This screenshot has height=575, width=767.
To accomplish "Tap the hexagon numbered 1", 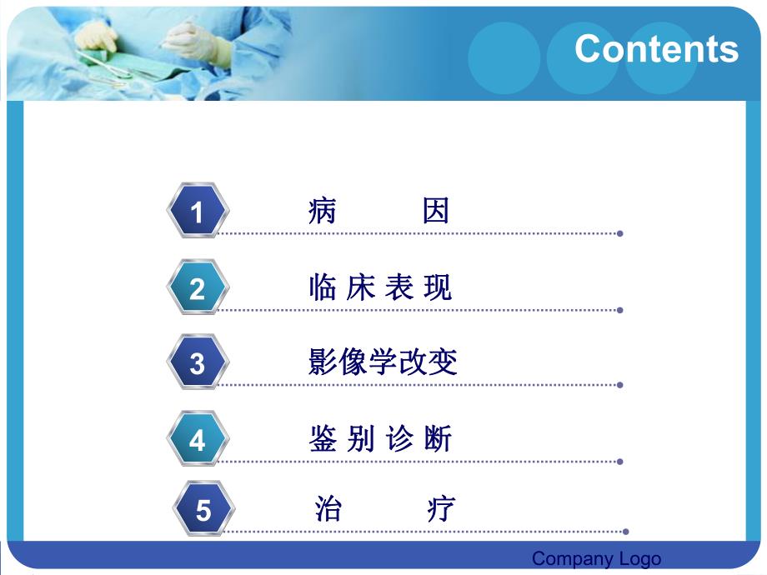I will tap(197, 212).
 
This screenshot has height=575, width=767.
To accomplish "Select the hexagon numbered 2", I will tap(197, 288).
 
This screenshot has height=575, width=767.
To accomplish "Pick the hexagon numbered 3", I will tap(197, 363).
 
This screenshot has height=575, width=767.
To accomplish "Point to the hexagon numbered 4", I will tap(197, 439).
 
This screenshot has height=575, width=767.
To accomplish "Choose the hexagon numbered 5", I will tap(203, 510).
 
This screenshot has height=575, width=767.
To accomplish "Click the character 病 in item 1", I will tap(322, 212).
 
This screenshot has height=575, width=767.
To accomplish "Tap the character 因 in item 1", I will tap(436, 212).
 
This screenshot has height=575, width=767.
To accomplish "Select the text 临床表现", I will tap(380, 288).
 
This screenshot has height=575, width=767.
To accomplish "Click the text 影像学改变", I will tap(383, 363).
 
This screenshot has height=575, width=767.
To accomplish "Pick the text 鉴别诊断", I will tap(380, 439).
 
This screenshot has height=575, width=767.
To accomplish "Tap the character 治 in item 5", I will tap(328, 508).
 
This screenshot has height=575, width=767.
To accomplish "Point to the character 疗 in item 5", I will tap(441, 508).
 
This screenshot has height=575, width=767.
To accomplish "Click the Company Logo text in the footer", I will tap(596, 558).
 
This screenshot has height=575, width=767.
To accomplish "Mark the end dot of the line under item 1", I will tap(620, 233).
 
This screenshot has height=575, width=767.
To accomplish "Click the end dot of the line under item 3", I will tap(620, 385).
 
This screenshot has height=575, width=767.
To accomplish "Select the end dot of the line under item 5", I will tap(626, 531).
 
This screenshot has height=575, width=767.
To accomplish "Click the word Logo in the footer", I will tap(639, 558).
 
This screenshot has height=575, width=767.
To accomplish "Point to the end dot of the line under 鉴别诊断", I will tap(620, 461).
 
